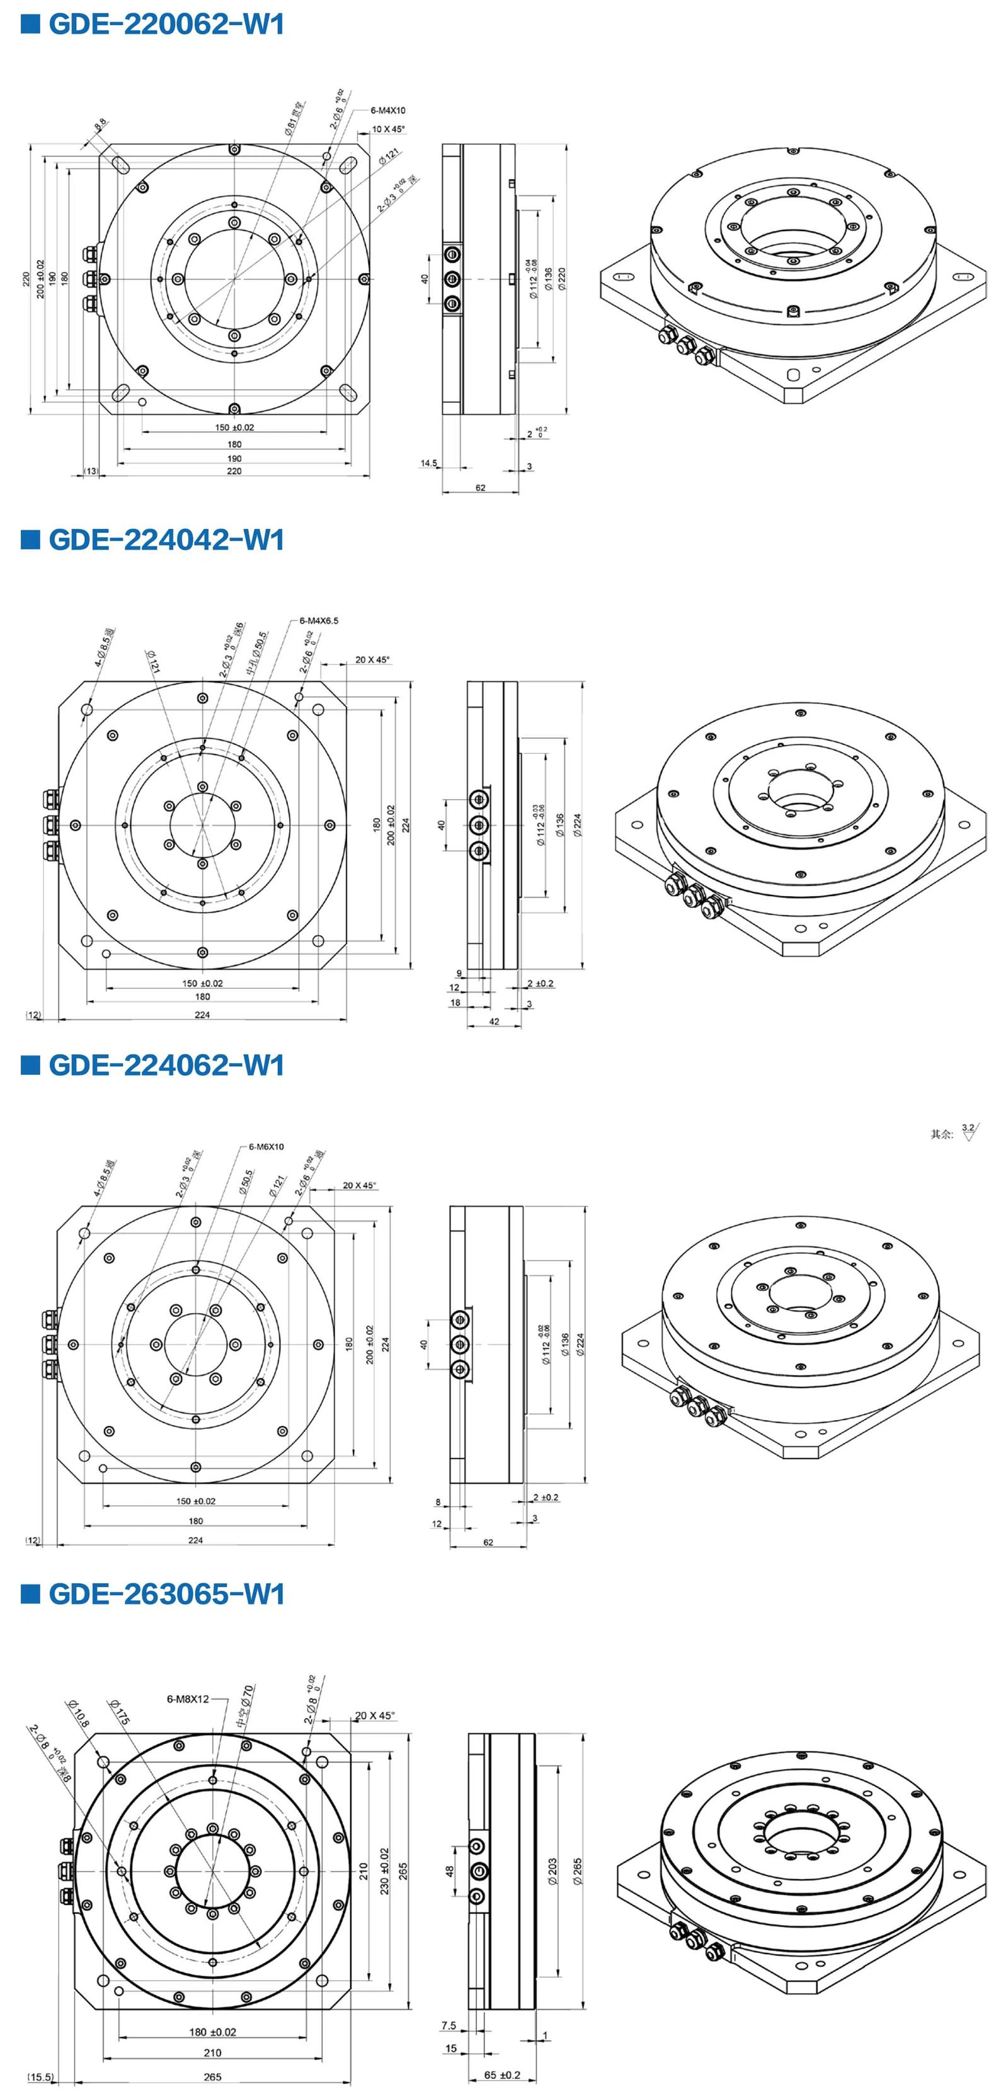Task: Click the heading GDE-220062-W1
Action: pos(166,25)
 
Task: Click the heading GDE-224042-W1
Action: pos(166,540)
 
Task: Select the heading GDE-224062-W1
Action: pos(166,1065)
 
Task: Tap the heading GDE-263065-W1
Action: pos(166,1594)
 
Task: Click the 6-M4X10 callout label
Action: pos(388,110)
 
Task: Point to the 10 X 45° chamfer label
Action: pos(388,128)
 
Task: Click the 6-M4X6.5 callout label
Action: pos(319,621)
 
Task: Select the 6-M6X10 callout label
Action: pos(266,1146)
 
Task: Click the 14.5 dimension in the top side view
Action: pos(428,463)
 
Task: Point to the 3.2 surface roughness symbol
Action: pos(968,1131)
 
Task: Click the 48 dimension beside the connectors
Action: pos(449,1871)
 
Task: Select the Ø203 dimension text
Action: pos(553,1872)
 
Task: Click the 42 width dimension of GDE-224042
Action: pos(494,1021)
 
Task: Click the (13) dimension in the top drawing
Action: pos(91,471)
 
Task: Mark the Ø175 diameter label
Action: pos(119,1712)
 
